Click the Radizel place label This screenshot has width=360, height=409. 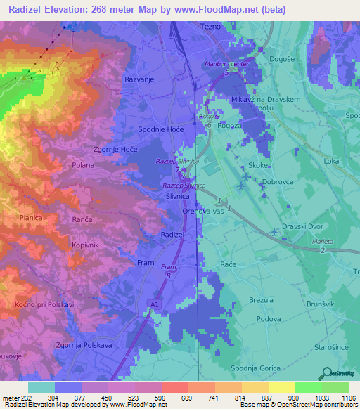click(172, 234)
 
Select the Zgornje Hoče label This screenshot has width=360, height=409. click(115, 150)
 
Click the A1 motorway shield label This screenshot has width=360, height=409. click(154, 304)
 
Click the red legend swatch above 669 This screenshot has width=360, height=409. click(174, 387)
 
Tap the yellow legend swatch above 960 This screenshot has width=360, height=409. click(281, 387)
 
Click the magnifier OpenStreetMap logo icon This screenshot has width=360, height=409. click(326, 372)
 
